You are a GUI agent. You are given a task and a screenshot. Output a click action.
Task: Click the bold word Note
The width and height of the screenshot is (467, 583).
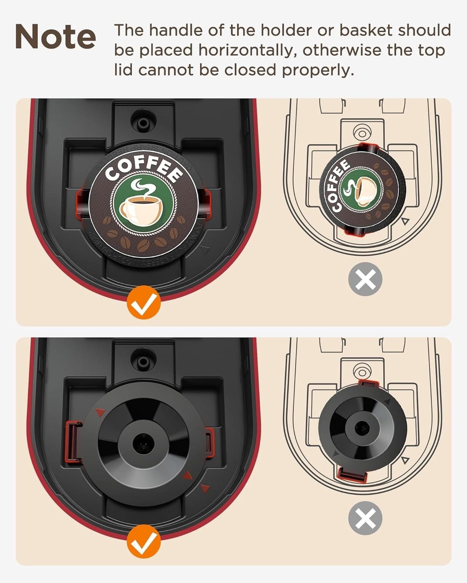tap(55, 37)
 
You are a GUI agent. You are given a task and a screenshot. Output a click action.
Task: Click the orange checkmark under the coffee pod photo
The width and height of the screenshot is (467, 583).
tap(143, 302)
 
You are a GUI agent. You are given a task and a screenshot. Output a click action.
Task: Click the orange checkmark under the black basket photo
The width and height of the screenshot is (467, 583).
tap(143, 541)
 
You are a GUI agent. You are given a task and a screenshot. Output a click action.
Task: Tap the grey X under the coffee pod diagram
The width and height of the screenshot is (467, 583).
tap(365, 279)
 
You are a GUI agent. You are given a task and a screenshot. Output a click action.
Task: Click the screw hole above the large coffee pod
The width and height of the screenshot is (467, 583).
tap(143, 122)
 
